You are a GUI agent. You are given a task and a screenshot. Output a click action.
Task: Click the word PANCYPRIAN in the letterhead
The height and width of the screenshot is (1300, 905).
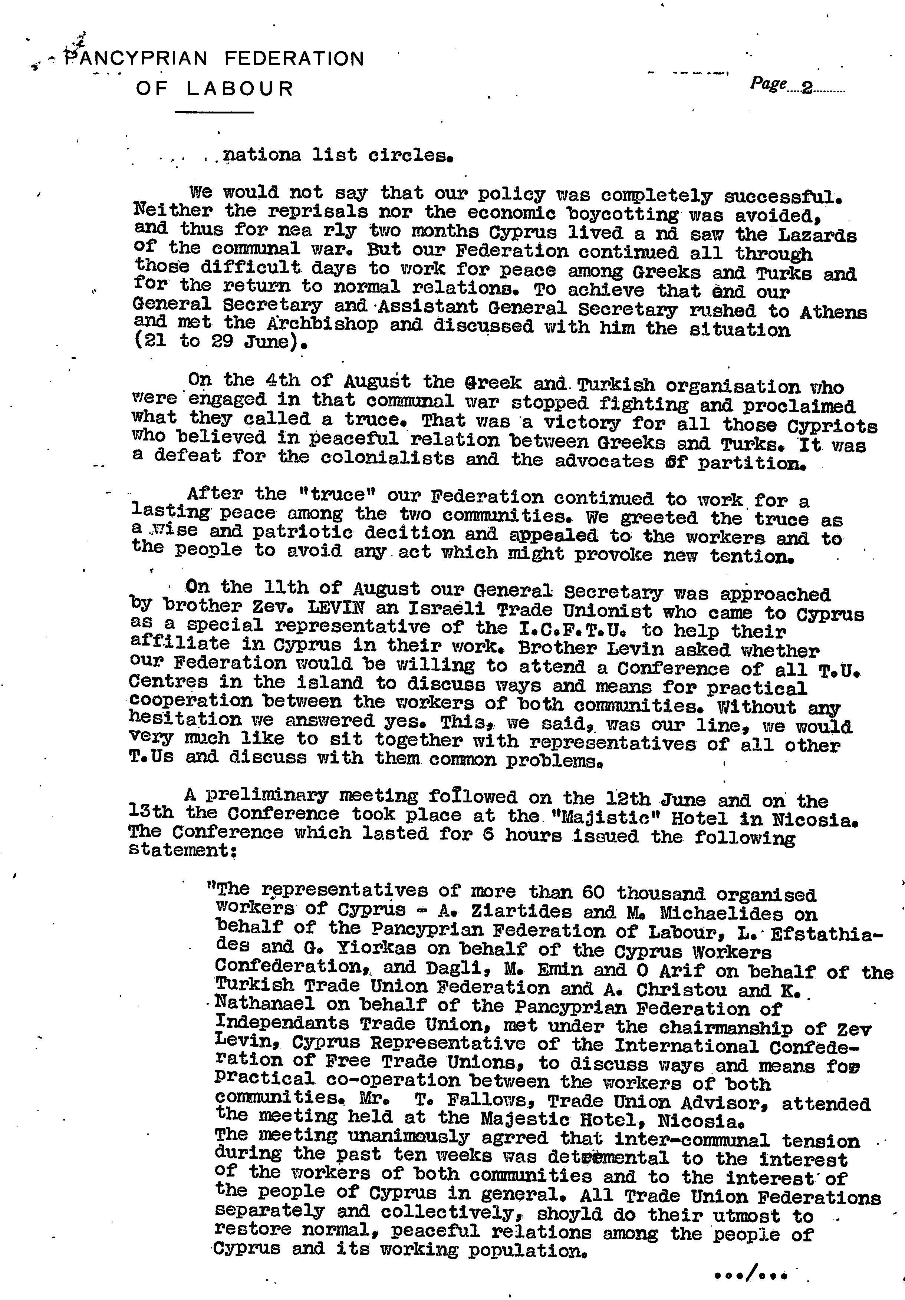coord(136,58)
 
